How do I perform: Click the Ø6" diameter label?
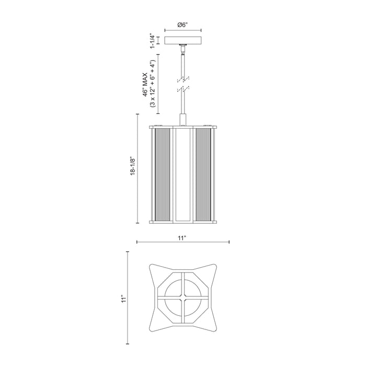pos(182,24)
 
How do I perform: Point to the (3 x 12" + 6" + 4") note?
pos(154,84)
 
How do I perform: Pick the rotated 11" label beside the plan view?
pos(123,299)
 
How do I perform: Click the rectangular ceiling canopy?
pos(182,41)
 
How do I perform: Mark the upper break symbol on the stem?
pos(182,79)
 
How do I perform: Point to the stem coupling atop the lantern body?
pos(182,120)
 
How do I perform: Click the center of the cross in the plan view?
pos(182,299)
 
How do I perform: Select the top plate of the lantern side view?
pos(182,127)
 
